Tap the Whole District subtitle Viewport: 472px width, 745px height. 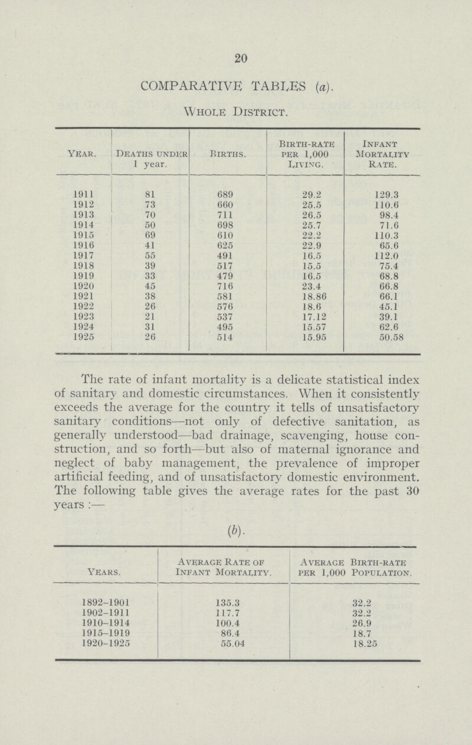point(235,110)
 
